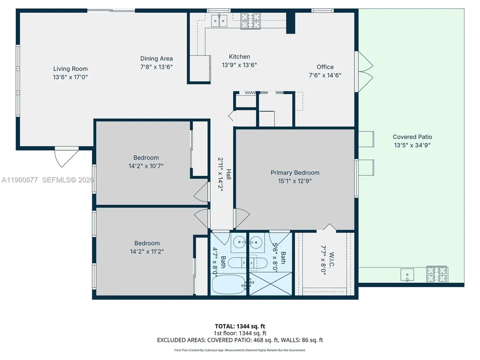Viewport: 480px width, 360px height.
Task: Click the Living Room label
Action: point(70,69)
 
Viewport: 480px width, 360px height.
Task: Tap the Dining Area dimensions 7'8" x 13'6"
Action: point(156,67)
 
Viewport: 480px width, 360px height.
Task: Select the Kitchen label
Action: point(239,57)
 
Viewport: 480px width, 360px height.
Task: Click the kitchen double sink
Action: point(220,21)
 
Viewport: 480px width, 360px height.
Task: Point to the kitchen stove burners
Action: point(251,21)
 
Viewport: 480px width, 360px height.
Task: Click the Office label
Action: point(325,67)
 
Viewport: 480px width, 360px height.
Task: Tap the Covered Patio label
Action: point(413,137)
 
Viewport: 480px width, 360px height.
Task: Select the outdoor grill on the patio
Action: point(437,274)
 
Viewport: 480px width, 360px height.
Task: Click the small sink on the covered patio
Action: point(407,275)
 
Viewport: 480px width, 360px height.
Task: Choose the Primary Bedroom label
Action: point(295,173)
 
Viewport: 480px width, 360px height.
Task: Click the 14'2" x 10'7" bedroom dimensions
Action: point(146,166)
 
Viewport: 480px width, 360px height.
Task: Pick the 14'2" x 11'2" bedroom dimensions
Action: point(147,251)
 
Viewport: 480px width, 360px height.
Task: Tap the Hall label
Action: point(229,174)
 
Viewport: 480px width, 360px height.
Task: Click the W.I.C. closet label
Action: point(332,260)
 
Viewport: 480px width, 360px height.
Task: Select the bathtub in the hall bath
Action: point(229,284)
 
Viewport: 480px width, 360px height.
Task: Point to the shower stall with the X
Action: point(270,284)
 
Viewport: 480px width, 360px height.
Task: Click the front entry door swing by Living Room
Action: point(66,157)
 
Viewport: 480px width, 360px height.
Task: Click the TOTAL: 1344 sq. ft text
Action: point(240,326)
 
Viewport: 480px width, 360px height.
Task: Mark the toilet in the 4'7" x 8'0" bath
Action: point(237,263)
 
